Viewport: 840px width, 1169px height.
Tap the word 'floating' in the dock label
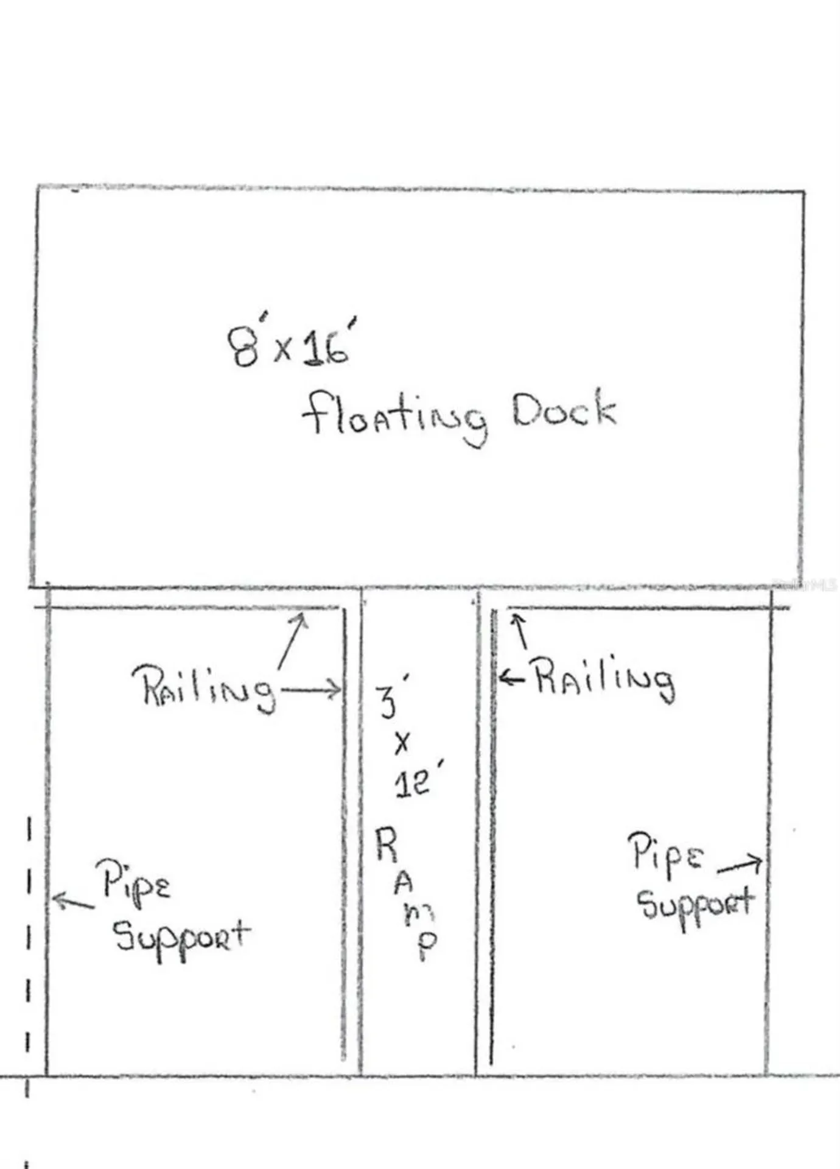(x=395, y=416)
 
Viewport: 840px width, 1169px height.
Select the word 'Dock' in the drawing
(x=564, y=409)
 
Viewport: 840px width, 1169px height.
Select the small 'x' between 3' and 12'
(x=402, y=743)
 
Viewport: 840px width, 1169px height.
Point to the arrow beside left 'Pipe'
(x=73, y=900)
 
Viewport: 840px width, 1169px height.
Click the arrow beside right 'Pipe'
(x=740, y=865)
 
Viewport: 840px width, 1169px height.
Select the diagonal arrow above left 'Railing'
(x=293, y=641)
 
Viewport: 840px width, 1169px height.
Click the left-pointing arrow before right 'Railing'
(x=511, y=677)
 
